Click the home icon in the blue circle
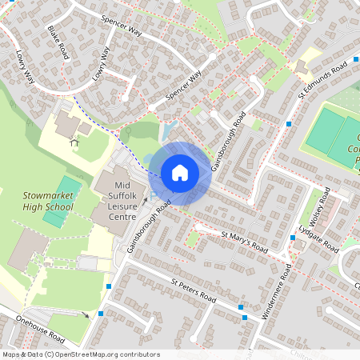(x=180, y=173)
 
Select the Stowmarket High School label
(x=48, y=200)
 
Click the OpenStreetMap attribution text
(x=81, y=354)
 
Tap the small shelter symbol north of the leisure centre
(x=74, y=142)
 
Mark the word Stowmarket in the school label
(x=48, y=194)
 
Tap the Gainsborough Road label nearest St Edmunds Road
(x=229, y=139)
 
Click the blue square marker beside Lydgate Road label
(x=292, y=238)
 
